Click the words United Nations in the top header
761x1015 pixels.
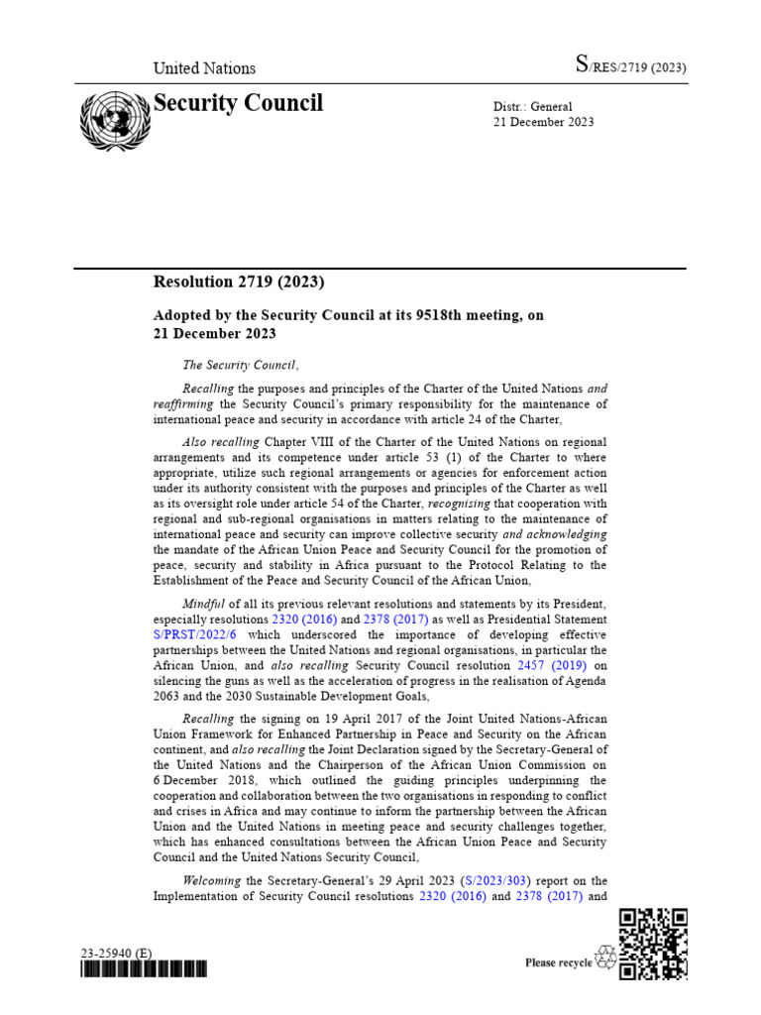click(x=204, y=68)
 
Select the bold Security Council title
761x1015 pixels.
click(x=238, y=103)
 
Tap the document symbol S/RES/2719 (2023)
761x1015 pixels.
click(x=631, y=67)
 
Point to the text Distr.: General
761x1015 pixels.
click(x=533, y=106)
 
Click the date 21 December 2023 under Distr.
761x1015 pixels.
click(x=544, y=122)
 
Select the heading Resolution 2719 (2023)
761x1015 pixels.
click(x=239, y=282)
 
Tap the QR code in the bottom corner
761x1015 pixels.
click(x=653, y=944)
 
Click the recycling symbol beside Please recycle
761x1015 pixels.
click(x=605, y=959)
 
